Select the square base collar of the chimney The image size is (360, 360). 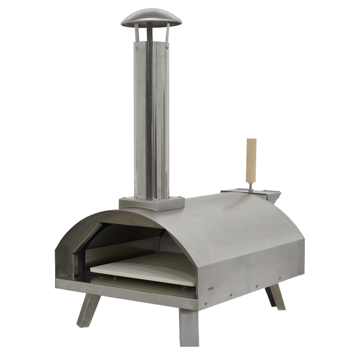(145, 203)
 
